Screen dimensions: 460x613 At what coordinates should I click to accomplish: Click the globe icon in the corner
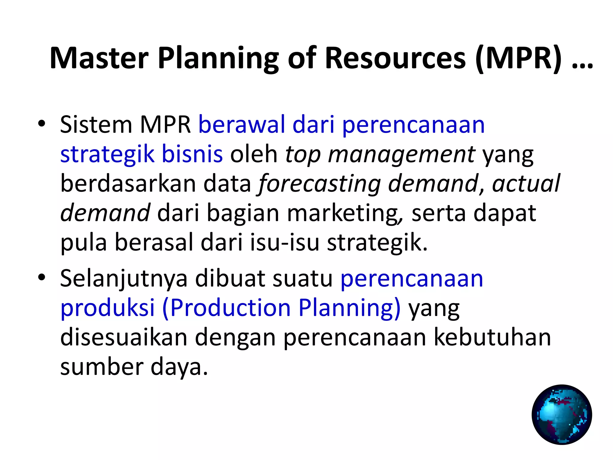(x=562, y=414)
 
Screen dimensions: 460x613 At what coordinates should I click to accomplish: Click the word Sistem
(x=96, y=124)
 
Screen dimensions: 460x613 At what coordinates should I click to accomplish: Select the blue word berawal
(x=242, y=124)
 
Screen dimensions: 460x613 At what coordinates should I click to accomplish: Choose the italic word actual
(x=526, y=183)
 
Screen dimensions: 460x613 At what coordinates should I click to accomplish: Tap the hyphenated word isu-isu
(x=285, y=242)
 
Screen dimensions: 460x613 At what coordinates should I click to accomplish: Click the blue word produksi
(x=107, y=308)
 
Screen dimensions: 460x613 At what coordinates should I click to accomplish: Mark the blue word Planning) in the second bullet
(x=349, y=308)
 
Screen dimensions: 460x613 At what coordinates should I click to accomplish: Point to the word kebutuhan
(x=492, y=337)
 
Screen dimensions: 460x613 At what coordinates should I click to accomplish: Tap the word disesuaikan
(x=124, y=337)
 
